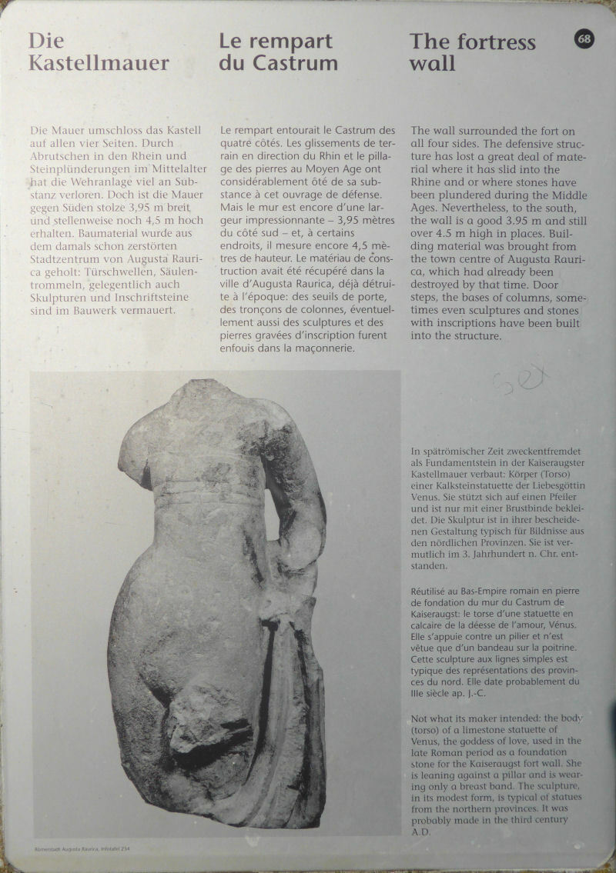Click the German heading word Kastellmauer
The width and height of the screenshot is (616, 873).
[99, 63]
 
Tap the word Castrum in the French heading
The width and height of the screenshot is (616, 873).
[297, 63]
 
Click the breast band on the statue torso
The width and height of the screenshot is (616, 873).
[208, 492]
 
